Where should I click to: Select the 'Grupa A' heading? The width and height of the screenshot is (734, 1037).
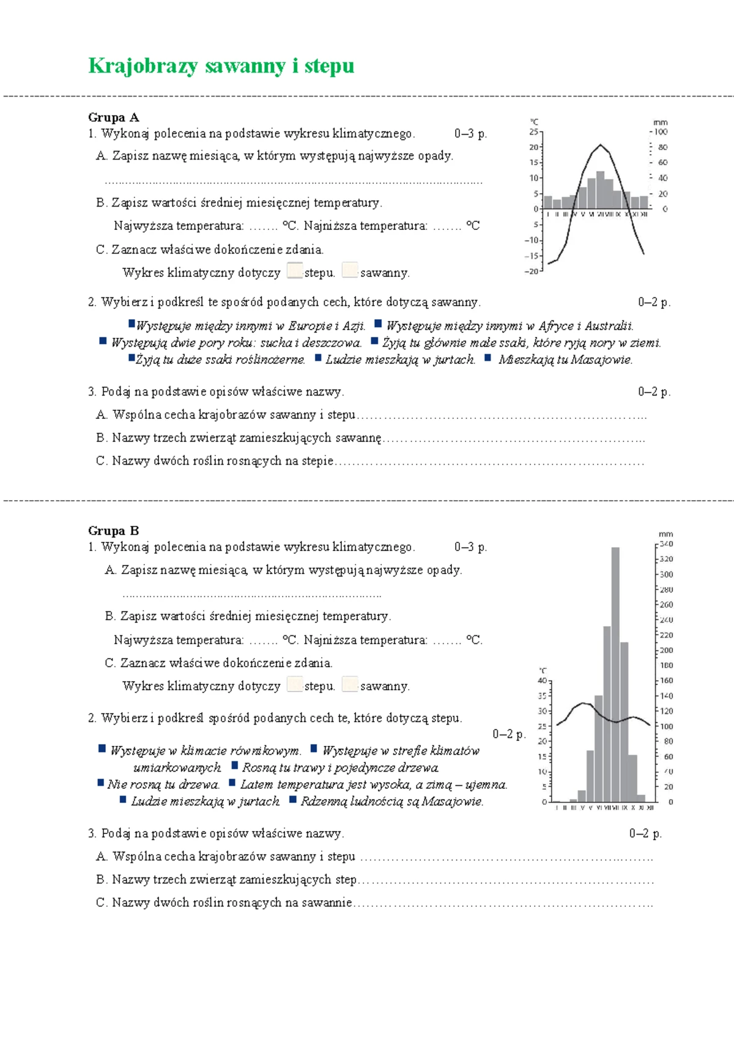coord(114,117)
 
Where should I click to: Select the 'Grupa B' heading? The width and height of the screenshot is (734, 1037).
coord(114,531)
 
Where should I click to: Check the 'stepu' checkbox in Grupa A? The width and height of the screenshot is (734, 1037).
coord(295,271)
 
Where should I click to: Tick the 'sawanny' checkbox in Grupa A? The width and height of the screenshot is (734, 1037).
coord(350,271)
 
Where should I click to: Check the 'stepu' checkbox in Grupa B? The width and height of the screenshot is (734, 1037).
coord(295,684)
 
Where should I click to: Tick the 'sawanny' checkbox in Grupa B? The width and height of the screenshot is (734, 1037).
coord(350,684)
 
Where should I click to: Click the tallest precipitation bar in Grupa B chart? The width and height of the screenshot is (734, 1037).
coord(615,673)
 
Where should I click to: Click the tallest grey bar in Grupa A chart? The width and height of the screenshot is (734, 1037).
coord(600,190)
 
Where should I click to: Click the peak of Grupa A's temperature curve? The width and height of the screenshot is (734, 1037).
coord(601,145)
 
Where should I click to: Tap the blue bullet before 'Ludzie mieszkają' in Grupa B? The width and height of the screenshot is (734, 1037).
coord(123,800)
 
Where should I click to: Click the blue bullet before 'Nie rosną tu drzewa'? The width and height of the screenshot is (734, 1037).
coord(100,783)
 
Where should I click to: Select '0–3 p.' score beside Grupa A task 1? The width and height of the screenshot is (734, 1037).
coord(470,134)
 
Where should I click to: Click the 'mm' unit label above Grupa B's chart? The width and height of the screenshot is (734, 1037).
coord(665,534)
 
